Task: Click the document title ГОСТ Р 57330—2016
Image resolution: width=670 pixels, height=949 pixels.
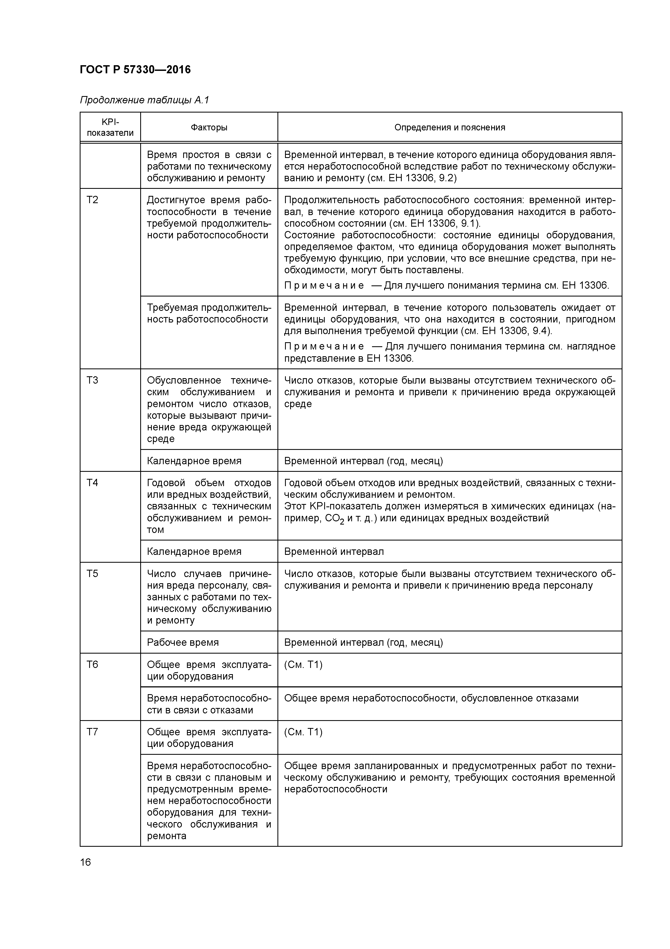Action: pos(135,70)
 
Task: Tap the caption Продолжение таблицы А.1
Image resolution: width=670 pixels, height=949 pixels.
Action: pos(145,100)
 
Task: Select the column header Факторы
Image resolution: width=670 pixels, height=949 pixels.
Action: pos(209,127)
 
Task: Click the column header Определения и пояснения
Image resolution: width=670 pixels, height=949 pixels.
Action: pos(450,127)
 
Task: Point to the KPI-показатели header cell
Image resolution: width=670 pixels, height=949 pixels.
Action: pos(110,127)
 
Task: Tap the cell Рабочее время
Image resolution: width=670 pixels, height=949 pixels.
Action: pos(183,642)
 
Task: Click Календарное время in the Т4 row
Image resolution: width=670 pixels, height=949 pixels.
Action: pos(194,551)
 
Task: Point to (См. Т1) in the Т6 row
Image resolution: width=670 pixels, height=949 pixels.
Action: pos(303,665)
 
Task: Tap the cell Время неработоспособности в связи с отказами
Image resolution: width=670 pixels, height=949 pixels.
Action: pos(209,704)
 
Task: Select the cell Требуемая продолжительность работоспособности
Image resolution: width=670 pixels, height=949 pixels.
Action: pos(209,313)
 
